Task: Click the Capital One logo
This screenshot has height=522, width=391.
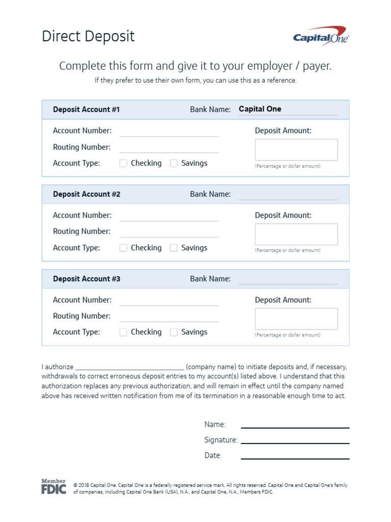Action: coord(321,37)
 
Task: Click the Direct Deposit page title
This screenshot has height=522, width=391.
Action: coord(88,37)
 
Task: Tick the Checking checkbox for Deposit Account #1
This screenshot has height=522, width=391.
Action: coord(123,164)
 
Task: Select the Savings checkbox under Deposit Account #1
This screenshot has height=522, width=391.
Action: coord(174,164)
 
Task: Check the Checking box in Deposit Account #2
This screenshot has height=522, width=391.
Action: coord(123,248)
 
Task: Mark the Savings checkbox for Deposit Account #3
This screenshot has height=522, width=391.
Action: coord(174,332)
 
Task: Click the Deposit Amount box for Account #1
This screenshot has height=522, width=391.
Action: coord(296,150)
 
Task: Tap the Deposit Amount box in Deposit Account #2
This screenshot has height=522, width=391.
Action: coord(296,234)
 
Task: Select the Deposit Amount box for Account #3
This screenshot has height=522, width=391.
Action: coord(296,319)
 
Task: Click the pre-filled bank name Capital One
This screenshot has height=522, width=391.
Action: coord(260,109)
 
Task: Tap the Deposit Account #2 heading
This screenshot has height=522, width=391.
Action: coord(87,194)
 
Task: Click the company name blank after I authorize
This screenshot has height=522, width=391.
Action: coord(129,367)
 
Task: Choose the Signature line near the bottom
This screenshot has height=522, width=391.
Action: coord(295,440)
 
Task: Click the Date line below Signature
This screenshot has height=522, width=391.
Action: coord(295,456)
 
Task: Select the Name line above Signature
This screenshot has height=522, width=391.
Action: coord(295,425)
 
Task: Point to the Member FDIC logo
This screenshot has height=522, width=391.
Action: coord(53,487)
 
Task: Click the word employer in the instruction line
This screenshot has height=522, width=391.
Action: coord(270,66)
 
